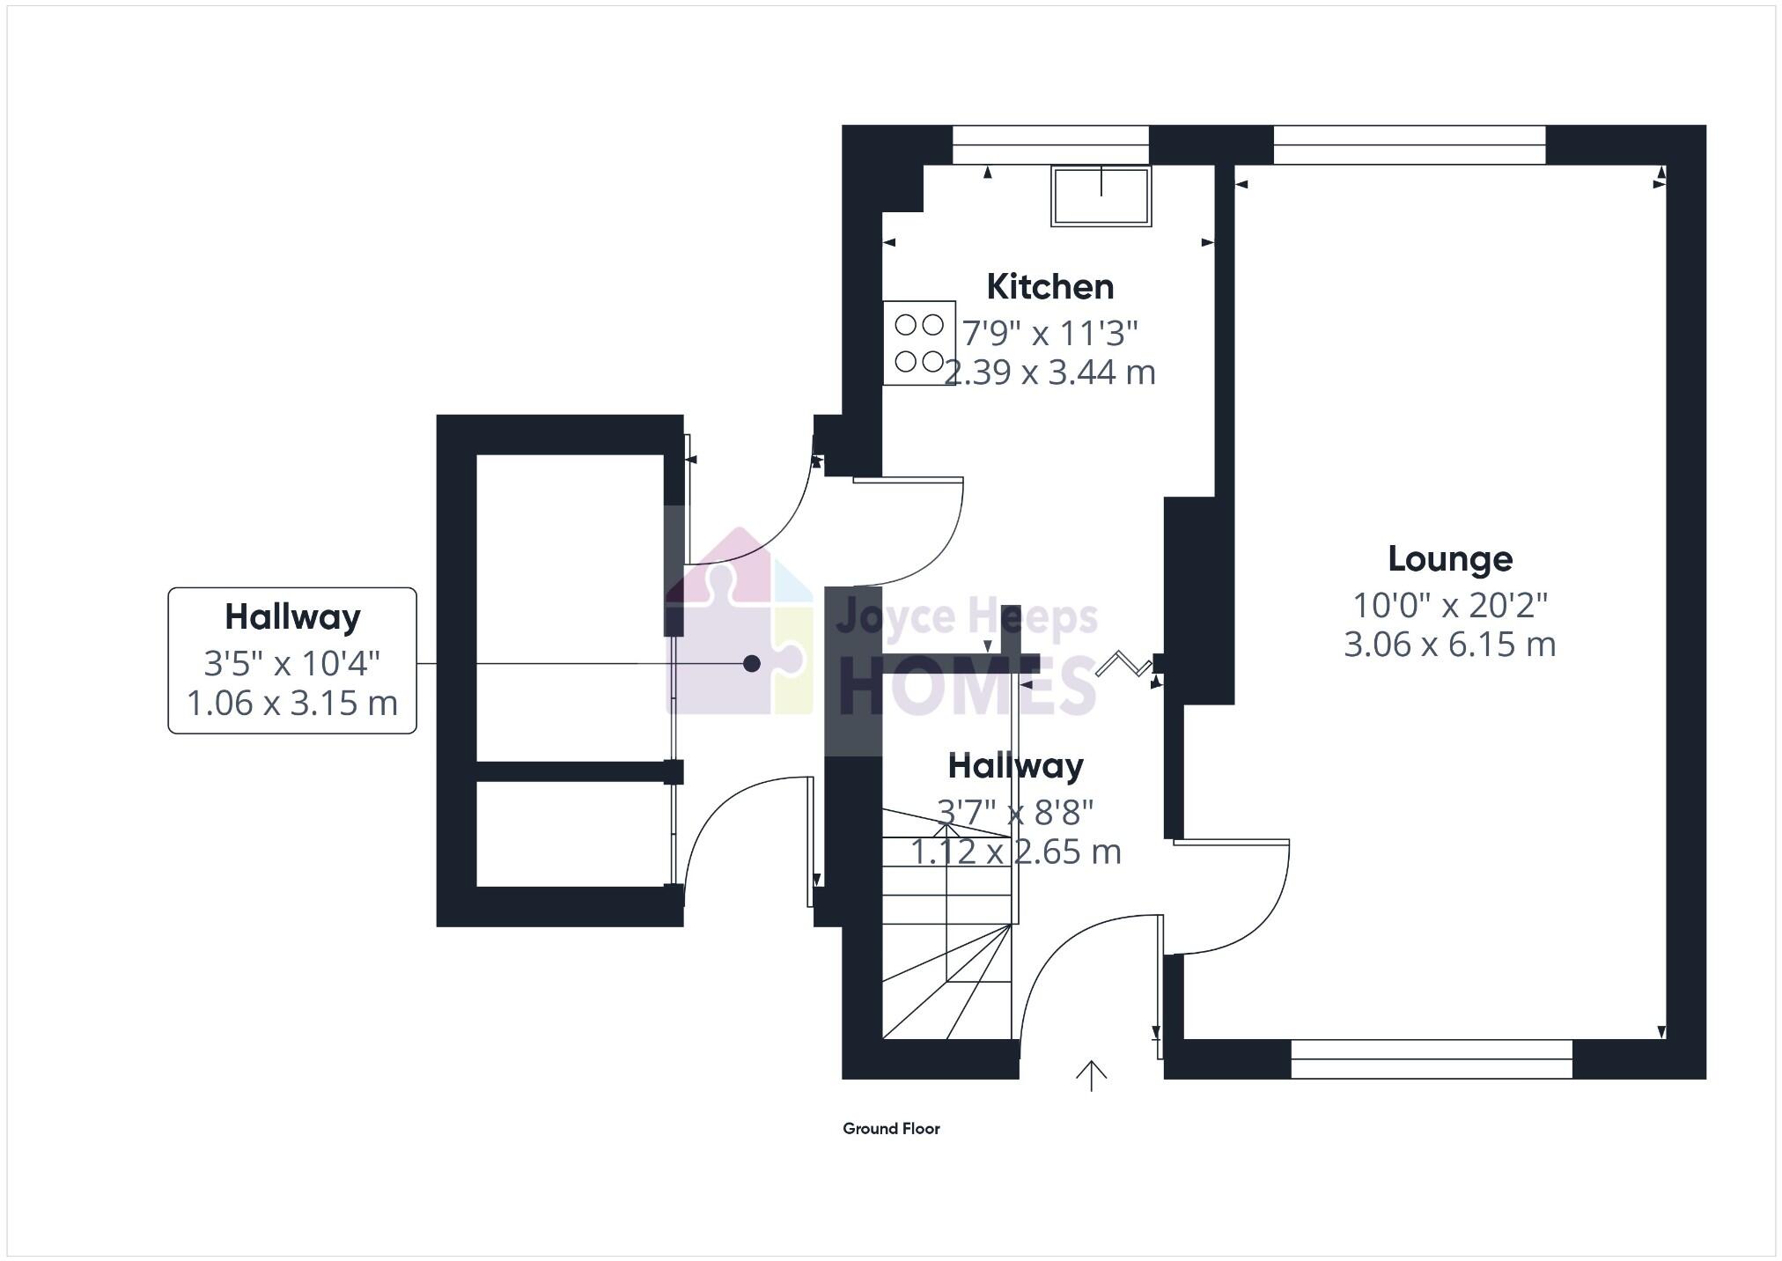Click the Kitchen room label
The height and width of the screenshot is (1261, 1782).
coord(1049,287)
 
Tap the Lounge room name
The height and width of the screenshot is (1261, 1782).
coord(1449,559)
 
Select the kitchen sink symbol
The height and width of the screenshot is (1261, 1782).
coord(1101,195)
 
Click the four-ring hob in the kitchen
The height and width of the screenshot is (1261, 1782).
coord(919,343)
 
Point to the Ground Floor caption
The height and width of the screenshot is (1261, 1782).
coord(891,1129)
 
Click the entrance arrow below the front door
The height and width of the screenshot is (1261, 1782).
coord(1091,1075)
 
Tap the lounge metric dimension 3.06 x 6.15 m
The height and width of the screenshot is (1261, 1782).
coord(1449,645)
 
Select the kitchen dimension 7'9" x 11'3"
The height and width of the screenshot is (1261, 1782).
coord(1049,334)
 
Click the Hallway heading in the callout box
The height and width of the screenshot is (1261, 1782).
coord(292,617)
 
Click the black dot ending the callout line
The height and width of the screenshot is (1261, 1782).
coord(751,664)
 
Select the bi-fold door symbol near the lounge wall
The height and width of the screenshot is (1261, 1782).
coord(1123,663)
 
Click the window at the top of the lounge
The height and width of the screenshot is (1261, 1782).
coord(1409,145)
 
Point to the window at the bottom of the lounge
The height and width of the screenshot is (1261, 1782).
coord(1431,1059)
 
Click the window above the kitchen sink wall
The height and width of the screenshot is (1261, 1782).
coord(1050,145)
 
